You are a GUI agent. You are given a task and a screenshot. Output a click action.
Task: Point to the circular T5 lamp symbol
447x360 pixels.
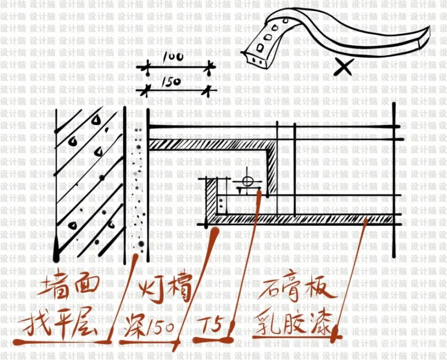[246, 182]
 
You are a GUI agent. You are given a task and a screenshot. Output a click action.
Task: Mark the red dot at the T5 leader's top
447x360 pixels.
[260, 192]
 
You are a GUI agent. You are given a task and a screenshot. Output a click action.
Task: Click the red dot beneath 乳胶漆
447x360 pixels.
[337, 334]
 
